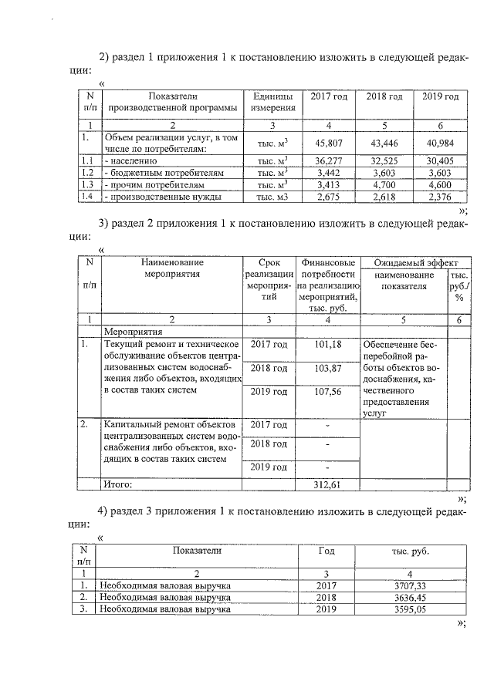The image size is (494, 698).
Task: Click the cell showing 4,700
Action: [x=384, y=185]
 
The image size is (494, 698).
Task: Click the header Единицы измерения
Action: [x=272, y=103]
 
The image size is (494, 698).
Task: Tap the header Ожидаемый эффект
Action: [x=414, y=262]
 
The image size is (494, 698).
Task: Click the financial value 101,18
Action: [x=328, y=344]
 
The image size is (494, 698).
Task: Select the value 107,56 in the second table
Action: [x=328, y=392]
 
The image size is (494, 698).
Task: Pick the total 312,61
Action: [x=328, y=484]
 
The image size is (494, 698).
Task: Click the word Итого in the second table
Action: [x=118, y=484]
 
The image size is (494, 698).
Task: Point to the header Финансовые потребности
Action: [x=328, y=268]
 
